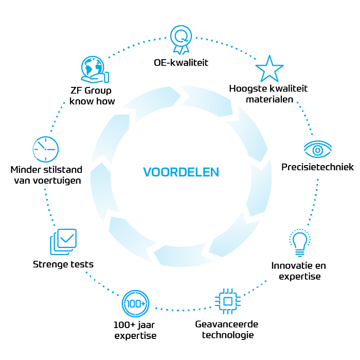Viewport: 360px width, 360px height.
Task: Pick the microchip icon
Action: coord(226,301)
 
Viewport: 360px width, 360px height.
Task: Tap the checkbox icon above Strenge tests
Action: coord(63,241)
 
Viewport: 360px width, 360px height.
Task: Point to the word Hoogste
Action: coord(246,88)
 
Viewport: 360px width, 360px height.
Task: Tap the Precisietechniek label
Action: coord(317,167)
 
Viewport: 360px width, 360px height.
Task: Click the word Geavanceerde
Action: coord(226,325)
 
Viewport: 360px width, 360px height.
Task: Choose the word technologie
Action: coord(226,335)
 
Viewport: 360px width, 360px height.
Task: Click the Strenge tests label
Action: coord(63,264)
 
